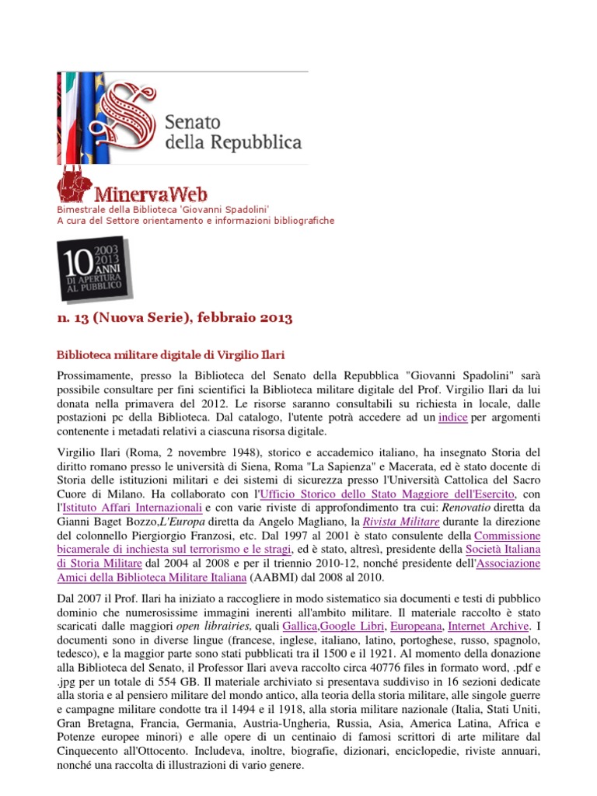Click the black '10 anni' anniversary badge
(93, 268)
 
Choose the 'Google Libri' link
(351, 626)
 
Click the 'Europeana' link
(417, 626)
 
